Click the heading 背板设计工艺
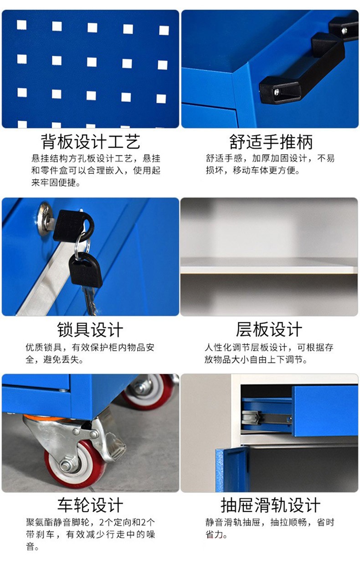click(x=91, y=142)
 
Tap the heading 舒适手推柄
click(x=271, y=142)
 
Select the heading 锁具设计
click(x=90, y=329)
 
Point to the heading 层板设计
click(x=269, y=329)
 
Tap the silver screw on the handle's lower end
click(x=277, y=92)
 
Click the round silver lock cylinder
click(x=44, y=219)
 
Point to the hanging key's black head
click(x=86, y=270)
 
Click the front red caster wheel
click(x=75, y=465)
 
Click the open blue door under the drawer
click(x=232, y=469)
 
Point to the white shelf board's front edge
click(x=269, y=270)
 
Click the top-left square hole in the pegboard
click(x=22, y=25)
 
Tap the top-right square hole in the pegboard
click(x=164, y=30)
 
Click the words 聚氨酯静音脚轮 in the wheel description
click(x=57, y=522)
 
